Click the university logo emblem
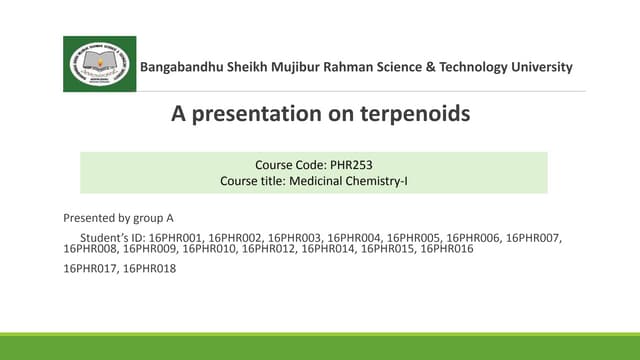[x=100, y=64]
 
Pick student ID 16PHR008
[x=90, y=248]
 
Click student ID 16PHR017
[x=90, y=268]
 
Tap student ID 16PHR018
[x=149, y=268]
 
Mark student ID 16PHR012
[x=269, y=248]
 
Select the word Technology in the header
[x=455, y=67]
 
